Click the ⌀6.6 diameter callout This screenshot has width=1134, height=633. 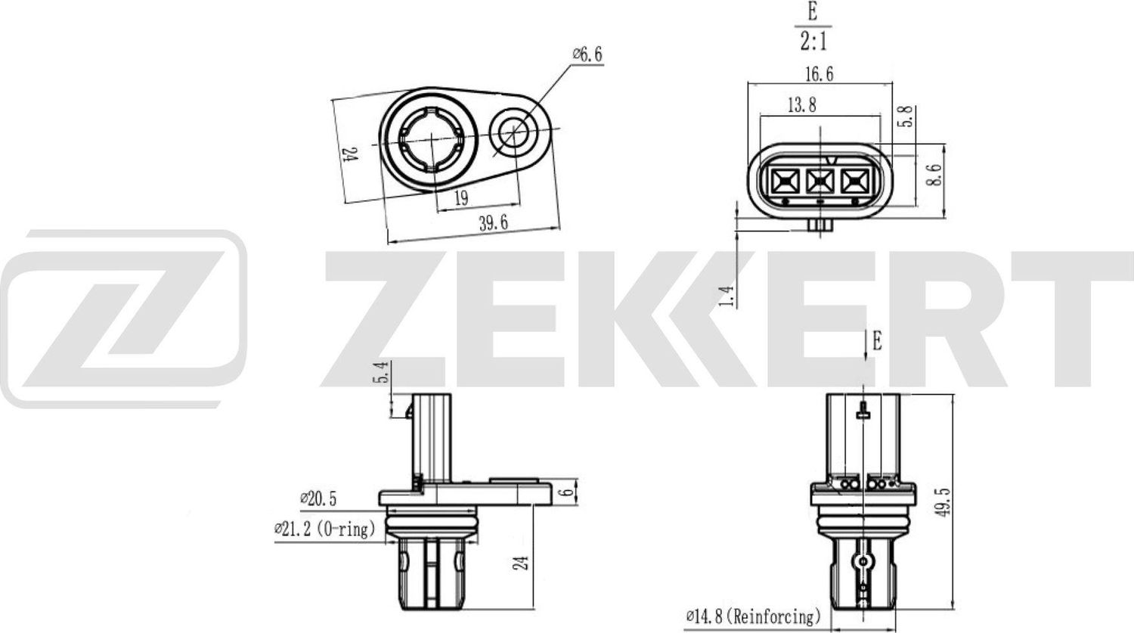(x=587, y=54)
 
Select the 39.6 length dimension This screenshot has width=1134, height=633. (x=491, y=222)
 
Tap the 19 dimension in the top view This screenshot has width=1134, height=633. (x=461, y=197)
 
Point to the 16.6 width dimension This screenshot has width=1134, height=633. (x=819, y=73)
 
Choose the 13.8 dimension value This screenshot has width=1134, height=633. (x=801, y=105)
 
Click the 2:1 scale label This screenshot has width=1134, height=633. (x=813, y=40)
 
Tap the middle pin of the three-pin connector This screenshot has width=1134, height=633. (x=820, y=182)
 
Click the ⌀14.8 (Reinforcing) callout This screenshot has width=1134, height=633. (x=753, y=617)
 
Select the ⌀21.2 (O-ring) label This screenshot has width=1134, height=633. (x=325, y=529)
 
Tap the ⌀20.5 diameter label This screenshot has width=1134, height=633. (x=318, y=498)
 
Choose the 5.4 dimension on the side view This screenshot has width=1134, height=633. (x=385, y=372)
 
